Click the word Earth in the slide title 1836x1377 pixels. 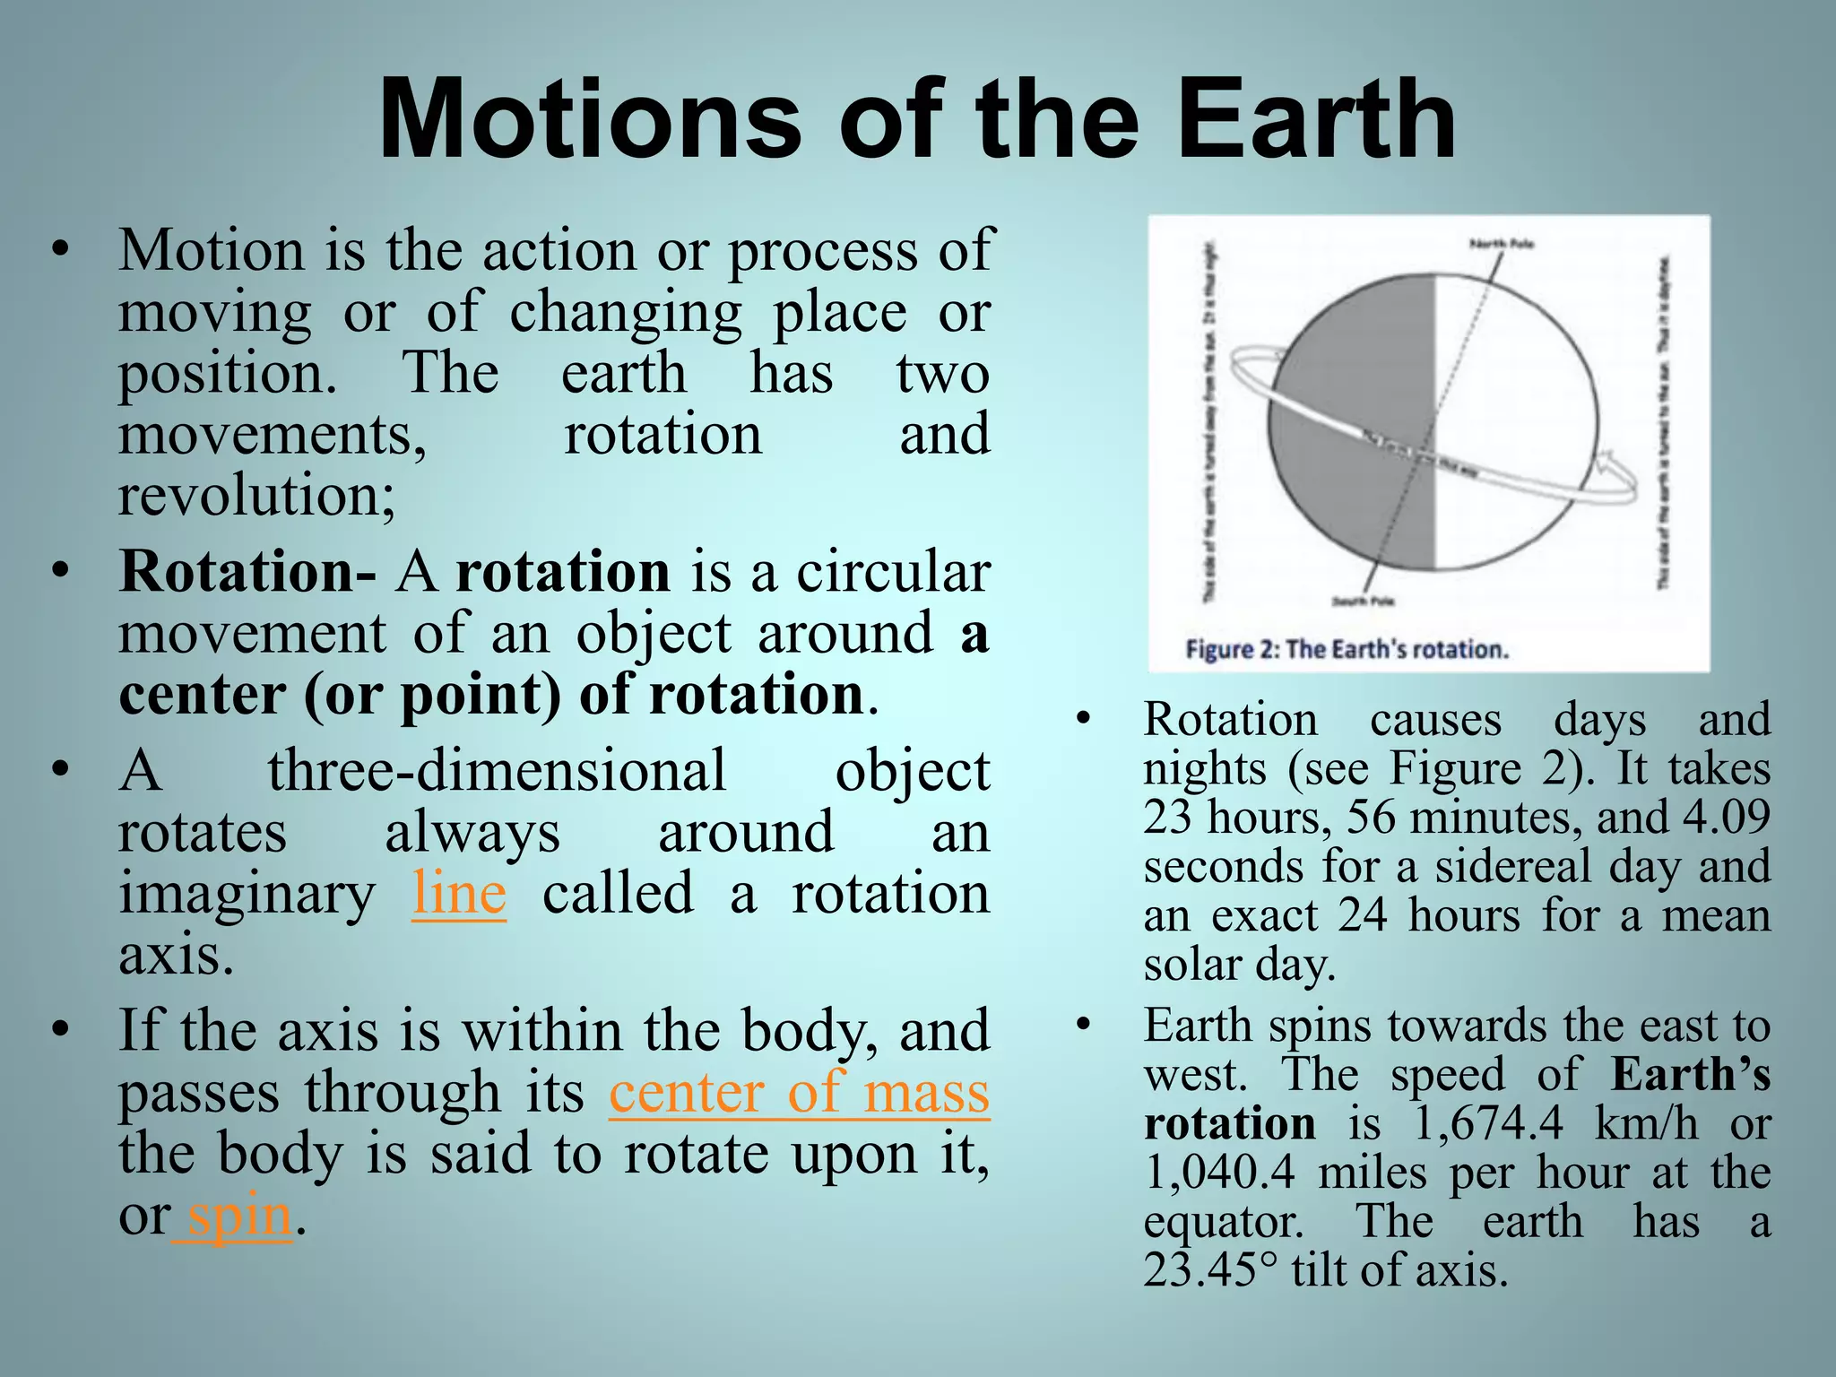coord(1316,120)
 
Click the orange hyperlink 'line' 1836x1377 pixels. coord(459,894)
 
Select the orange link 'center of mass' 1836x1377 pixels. coord(799,1093)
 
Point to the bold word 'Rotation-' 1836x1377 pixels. coord(247,572)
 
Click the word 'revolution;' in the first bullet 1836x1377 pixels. coord(256,495)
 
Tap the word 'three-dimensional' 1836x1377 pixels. coord(497,771)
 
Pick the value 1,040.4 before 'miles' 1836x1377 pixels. coord(1219,1173)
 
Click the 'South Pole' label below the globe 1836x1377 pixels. coord(1362,601)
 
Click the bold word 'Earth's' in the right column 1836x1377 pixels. coord(1691,1074)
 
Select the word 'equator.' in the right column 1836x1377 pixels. coord(1224,1222)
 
